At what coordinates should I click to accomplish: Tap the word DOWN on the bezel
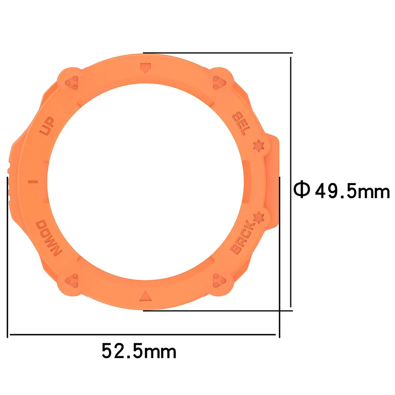pyautogui.click(x=47, y=239)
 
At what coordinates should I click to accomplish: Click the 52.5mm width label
pyautogui.click(x=139, y=350)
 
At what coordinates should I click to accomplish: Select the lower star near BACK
pyautogui.click(x=258, y=217)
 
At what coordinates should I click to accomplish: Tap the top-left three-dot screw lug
pyautogui.click(x=72, y=82)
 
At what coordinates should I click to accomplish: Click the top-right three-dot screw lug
pyautogui.click(x=218, y=82)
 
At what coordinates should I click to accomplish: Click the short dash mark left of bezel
pyautogui.click(x=33, y=182)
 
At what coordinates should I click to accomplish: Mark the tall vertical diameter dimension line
pyautogui.click(x=291, y=182)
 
